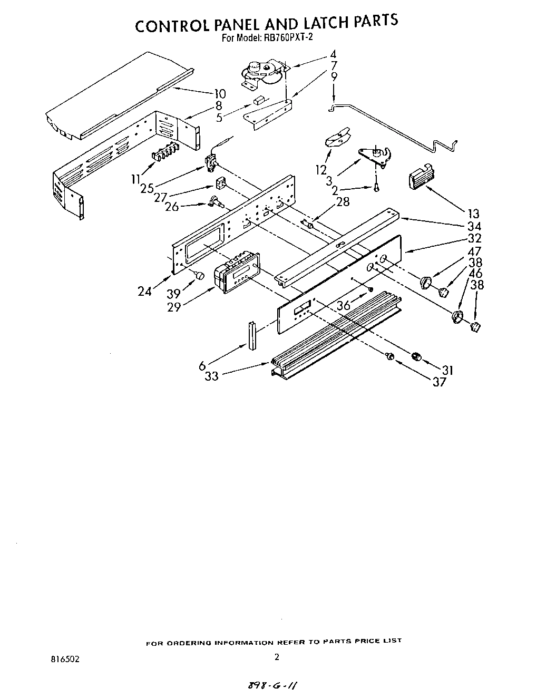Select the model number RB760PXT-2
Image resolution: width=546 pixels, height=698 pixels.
pyautogui.click(x=284, y=37)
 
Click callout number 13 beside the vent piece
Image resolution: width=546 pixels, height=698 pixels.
pyautogui.click(x=473, y=213)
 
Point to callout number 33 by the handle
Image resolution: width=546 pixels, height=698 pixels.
pyautogui.click(x=211, y=375)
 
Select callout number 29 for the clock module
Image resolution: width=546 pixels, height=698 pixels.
pyautogui.click(x=174, y=307)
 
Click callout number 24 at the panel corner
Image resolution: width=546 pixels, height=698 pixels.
pyautogui.click(x=145, y=290)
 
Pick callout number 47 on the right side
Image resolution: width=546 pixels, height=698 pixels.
pyautogui.click(x=475, y=251)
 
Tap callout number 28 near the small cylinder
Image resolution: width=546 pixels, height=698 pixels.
pyautogui.click(x=343, y=202)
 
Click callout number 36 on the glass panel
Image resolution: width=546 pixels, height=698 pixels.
pyautogui.click(x=343, y=305)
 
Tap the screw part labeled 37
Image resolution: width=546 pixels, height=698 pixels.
pyautogui.click(x=391, y=357)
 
